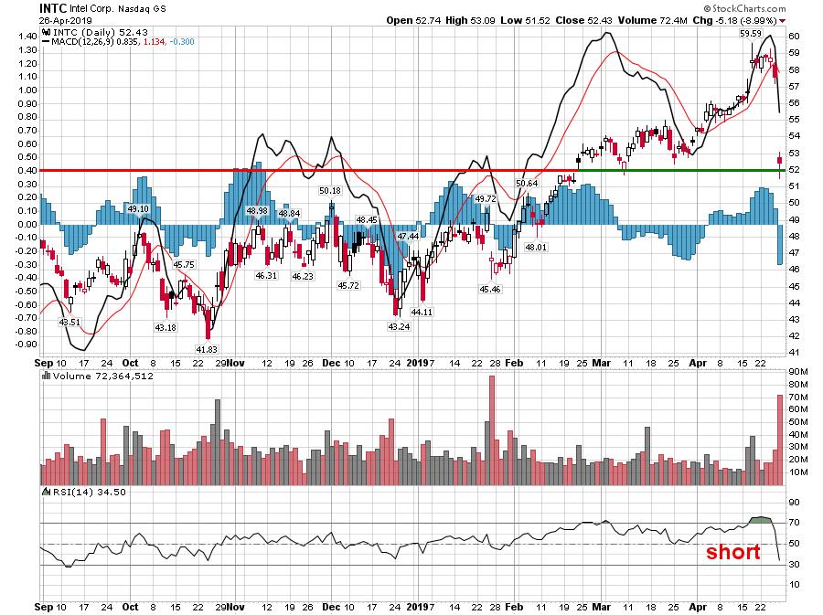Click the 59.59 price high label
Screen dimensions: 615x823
tap(751, 33)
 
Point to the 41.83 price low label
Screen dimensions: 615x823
tap(207, 349)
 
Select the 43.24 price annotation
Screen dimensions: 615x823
tap(398, 326)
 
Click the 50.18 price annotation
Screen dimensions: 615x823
tap(329, 190)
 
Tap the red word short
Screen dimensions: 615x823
tap(732, 552)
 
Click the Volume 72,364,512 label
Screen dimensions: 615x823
tap(102, 376)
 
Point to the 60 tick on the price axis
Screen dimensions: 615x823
tap(795, 37)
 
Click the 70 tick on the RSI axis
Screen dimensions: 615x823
tap(795, 524)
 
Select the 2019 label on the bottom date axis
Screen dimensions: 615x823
tap(417, 606)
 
